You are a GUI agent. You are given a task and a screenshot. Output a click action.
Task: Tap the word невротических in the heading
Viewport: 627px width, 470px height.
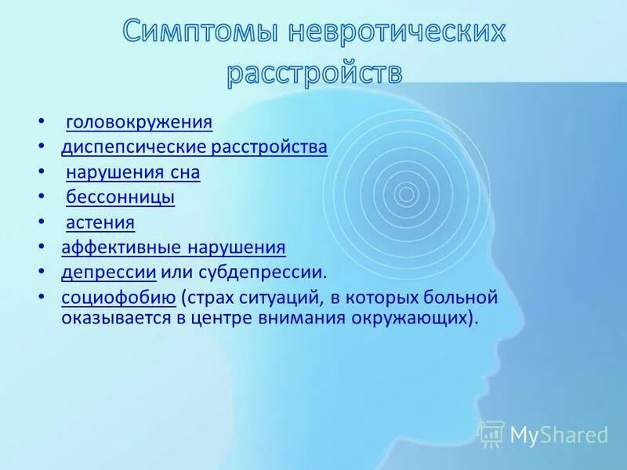397,33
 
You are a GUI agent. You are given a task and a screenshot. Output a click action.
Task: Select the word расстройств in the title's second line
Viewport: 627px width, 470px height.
314,73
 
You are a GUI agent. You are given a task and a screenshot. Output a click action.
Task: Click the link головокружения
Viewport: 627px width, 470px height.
139,122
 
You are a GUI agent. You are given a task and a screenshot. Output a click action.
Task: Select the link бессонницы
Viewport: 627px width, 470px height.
120,197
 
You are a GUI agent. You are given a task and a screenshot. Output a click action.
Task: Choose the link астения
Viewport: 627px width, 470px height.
100,222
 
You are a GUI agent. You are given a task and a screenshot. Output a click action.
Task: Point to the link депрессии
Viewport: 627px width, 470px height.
109,273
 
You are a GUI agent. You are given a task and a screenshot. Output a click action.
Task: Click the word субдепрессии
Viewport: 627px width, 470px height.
271,273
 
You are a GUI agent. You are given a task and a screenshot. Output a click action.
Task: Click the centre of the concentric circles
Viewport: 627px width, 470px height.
406,192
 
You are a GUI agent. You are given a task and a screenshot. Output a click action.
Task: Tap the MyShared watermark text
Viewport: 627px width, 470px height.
560,434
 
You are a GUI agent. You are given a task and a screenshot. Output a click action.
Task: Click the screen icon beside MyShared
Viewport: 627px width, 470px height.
491,433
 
